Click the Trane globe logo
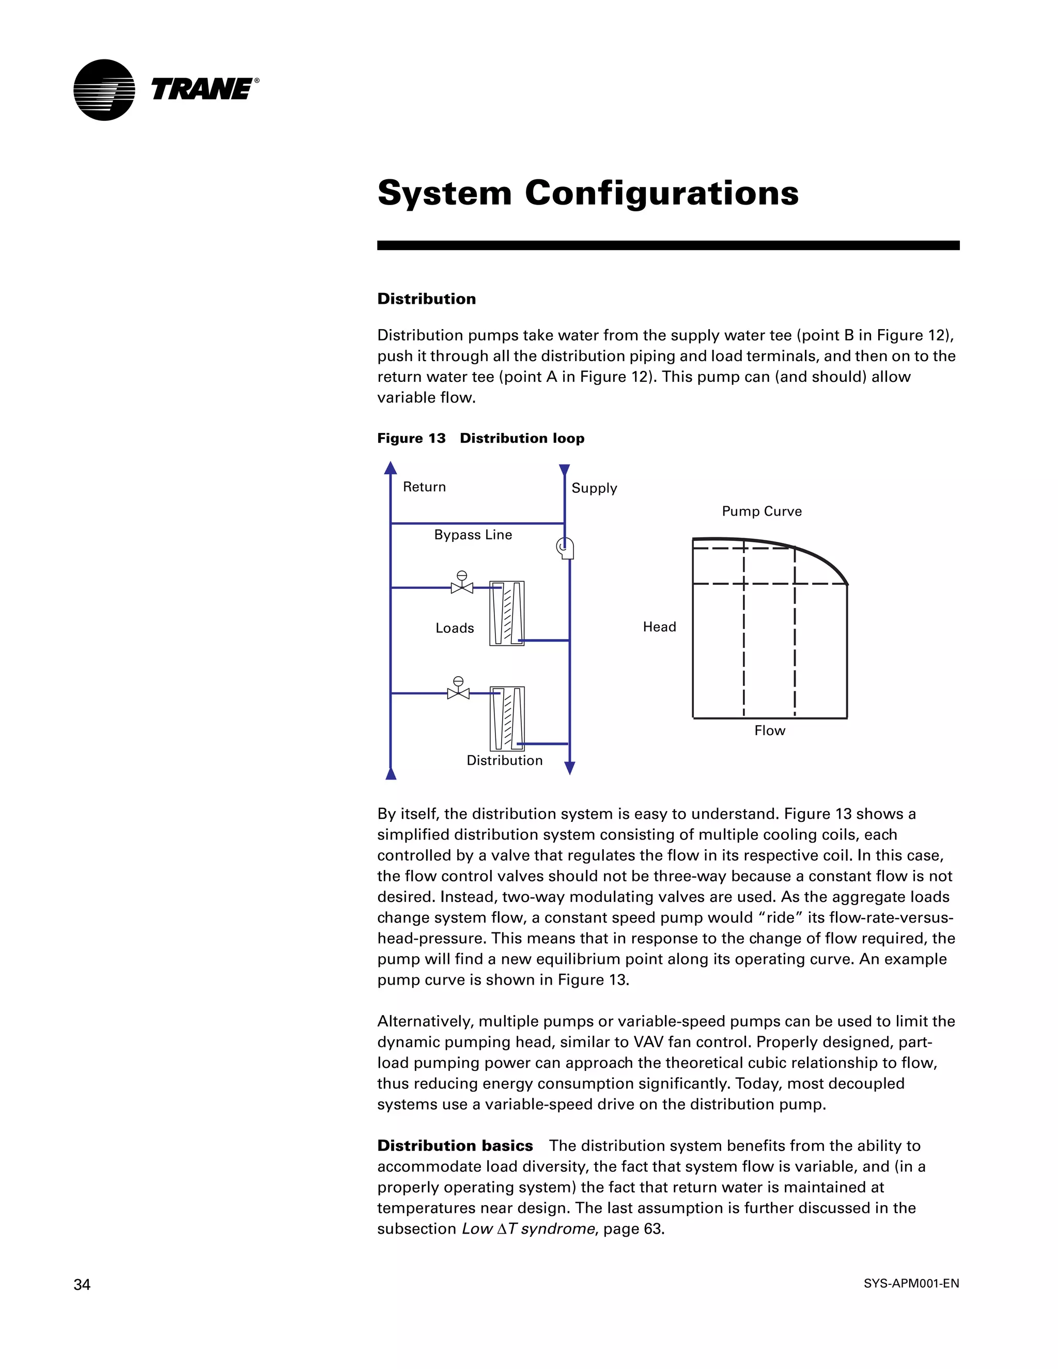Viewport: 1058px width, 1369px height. pos(104,90)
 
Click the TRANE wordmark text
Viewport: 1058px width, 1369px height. pos(202,90)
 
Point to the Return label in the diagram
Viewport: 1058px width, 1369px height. pos(424,487)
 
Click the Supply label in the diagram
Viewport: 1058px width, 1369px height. pos(594,488)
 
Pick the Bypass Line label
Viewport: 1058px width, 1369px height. pos(473,535)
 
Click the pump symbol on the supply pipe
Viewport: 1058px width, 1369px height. pos(565,549)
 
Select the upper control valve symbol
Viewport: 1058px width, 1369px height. pos(462,585)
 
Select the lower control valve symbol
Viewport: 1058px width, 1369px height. pos(458,690)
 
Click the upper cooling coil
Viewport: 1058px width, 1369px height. pos(507,614)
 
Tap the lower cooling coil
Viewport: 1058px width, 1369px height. pos(507,719)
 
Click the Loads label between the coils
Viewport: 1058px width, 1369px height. pos(455,628)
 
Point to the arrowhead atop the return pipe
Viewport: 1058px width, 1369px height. pos(391,468)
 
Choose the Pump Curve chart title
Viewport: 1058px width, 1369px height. pos(761,511)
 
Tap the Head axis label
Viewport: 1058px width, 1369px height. pos(659,627)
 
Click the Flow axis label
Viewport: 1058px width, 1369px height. pos(770,731)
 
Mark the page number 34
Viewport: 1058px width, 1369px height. pos(82,1285)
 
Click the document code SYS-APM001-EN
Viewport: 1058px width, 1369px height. pos(911,1284)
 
